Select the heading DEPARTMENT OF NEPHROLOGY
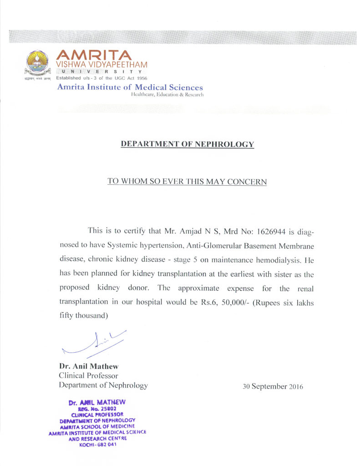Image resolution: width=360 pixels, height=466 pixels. (187, 145)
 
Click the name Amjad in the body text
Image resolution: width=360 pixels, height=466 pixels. (174, 231)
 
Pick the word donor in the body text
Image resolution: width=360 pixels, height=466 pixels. (142, 288)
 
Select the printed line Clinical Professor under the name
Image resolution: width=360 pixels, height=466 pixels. (88, 375)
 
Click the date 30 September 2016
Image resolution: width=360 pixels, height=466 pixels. (273, 387)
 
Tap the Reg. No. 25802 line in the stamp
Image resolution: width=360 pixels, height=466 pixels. (96, 409)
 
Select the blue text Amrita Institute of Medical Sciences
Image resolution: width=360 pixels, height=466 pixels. (130, 87)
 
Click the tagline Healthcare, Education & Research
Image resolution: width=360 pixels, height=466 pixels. (167, 95)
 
